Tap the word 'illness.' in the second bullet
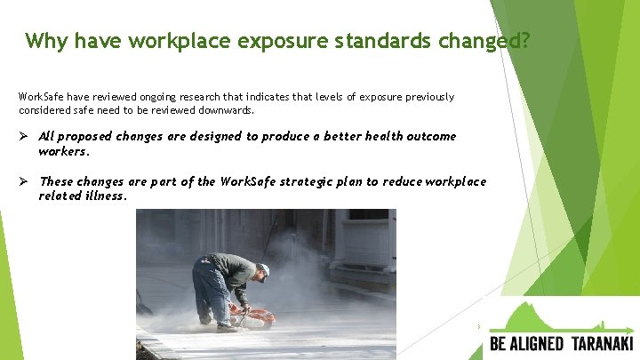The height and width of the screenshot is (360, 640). pos(106,196)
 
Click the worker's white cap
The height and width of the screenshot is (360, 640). pos(264,269)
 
